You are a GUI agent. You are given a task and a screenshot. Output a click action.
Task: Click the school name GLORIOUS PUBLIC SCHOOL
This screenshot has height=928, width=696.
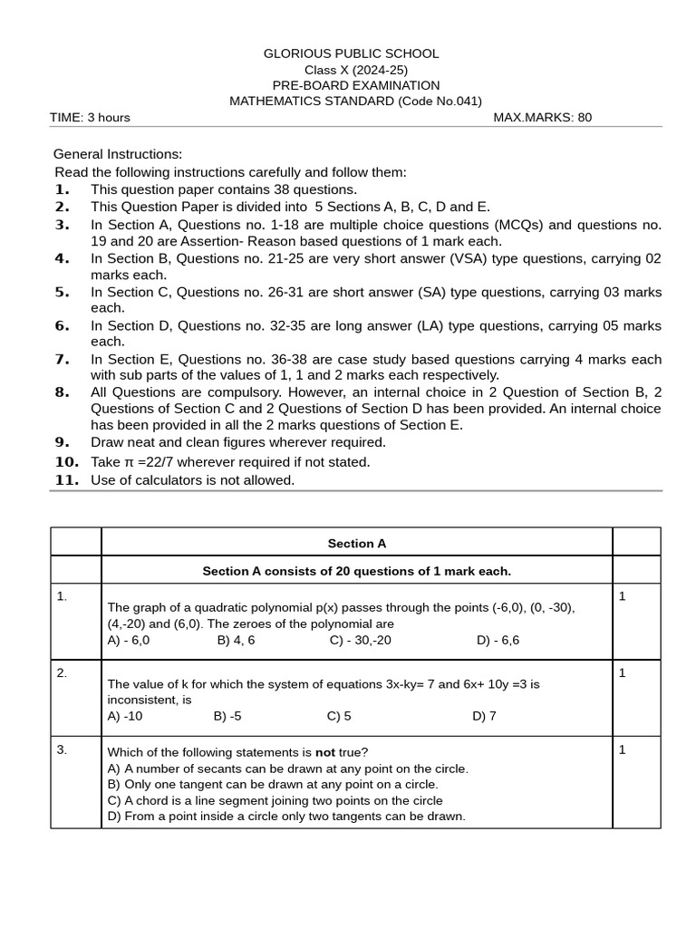coord(351,54)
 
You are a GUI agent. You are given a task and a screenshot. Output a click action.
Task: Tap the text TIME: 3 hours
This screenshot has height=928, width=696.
coord(90,117)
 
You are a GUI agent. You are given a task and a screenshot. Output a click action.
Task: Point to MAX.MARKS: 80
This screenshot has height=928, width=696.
coord(542,117)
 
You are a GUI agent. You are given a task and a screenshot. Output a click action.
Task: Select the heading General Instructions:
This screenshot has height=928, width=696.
coord(118,154)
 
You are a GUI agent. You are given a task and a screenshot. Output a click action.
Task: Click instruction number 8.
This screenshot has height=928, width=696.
coord(62,392)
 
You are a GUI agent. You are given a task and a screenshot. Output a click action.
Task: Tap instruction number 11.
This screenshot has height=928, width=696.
coord(67,480)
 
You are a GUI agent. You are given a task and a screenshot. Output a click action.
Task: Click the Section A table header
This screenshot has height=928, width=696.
coord(356,544)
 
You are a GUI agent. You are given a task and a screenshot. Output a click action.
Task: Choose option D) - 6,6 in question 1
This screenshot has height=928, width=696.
coord(498,640)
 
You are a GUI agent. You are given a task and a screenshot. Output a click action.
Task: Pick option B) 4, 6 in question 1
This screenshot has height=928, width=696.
coord(236,640)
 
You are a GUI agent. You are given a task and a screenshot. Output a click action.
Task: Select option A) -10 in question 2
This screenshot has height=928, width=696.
coord(125,716)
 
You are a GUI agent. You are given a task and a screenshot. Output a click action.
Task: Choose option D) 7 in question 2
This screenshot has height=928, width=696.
coord(484,716)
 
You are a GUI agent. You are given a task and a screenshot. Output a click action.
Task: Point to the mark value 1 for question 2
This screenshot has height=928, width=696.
coord(622,673)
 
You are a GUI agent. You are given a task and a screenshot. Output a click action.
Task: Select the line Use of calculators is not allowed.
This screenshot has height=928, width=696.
coord(192,480)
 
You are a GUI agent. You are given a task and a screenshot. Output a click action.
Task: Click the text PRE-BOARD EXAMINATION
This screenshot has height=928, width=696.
coord(355,85)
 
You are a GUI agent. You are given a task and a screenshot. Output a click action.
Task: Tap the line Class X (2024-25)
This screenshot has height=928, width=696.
coord(355,70)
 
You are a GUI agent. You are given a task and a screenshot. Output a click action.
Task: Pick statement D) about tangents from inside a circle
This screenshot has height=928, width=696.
coord(285,817)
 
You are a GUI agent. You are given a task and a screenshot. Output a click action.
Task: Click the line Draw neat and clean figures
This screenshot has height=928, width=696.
coord(237,442)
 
